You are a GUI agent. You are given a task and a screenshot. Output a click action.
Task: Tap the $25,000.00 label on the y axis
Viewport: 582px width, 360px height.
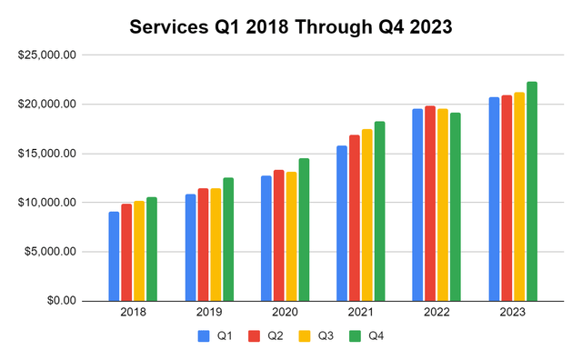[x=52, y=55]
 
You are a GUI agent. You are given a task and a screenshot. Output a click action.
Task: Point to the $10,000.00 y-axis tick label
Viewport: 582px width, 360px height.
[x=52, y=202]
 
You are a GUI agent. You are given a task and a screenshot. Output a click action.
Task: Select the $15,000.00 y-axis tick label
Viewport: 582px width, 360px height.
[x=52, y=153]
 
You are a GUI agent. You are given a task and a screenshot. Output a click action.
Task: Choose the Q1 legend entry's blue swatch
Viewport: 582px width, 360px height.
[x=204, y=335]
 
